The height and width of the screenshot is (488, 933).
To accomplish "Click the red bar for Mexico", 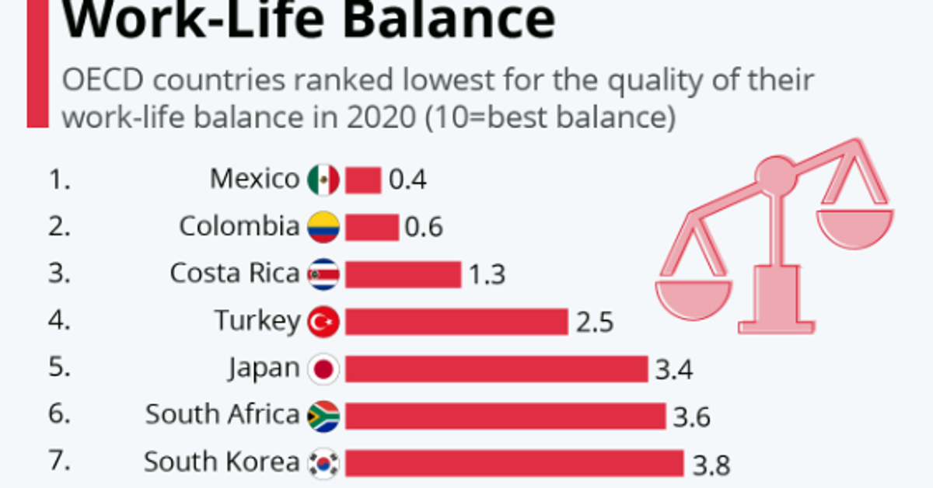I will pos(363,180).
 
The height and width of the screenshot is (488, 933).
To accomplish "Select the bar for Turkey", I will pos(456,322).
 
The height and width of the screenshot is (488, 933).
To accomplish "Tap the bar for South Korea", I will pos(514,463).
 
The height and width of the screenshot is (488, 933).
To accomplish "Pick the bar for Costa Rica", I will pos(403,274).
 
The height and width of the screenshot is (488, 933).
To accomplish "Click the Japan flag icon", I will pos(323,369).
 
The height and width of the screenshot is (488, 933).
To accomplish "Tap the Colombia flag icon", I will pos(323,227).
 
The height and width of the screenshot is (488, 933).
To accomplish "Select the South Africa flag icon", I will pos(323,416).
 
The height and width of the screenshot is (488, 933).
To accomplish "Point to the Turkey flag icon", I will pos(323,322).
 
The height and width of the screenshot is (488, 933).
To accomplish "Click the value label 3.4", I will pos(673,370).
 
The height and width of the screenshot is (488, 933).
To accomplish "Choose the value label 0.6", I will pos(423,228).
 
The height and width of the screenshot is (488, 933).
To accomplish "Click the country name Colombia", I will pos(239,227).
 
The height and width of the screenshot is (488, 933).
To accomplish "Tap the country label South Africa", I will pos(222,415).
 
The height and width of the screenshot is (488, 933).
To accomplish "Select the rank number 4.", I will pos(59,321).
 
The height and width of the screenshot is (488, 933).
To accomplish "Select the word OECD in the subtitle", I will pos(96,82).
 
